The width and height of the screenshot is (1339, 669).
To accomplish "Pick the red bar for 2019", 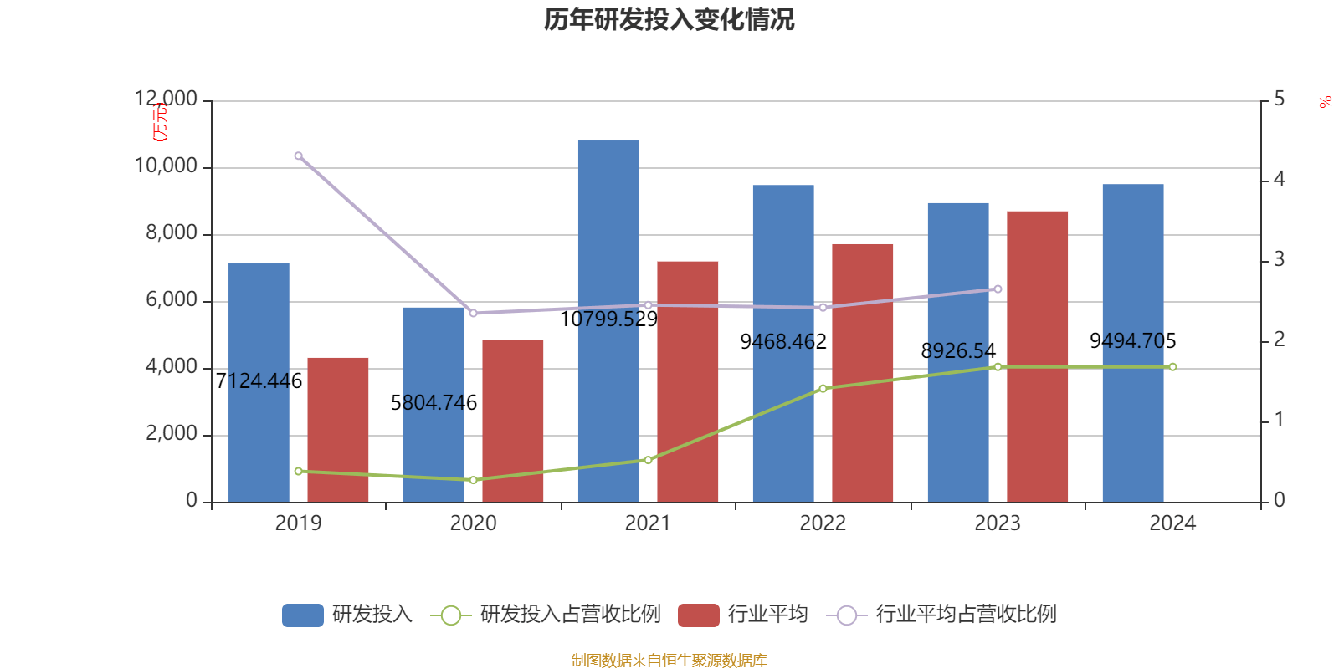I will click(338, 430).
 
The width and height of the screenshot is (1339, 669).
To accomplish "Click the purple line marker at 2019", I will click(298, 156).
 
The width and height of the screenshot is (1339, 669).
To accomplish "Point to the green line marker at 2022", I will click(823, 388).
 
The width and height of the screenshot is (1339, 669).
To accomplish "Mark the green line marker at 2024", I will click(1172, 367).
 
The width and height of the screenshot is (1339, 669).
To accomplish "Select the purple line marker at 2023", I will click(998, 289).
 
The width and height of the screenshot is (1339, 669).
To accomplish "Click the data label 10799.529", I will click(608, 319).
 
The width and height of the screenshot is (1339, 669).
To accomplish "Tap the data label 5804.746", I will click(434, 403).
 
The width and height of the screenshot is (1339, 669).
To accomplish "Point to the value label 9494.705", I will click(1132, 341).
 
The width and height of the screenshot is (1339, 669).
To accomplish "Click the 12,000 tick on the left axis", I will click(166, 100).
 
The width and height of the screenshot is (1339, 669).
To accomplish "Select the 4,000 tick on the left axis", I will click(171, 367).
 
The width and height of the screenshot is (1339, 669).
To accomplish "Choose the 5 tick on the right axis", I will click(1279, 100).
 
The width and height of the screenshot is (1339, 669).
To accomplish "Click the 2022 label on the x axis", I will click(823, 523).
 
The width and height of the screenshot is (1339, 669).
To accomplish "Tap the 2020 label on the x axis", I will click(473, 523).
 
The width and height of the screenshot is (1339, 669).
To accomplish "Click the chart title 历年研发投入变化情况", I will click(669, 19).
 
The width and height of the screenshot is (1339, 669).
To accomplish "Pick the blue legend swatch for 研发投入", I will click(302, 615).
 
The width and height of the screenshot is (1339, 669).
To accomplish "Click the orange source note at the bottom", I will click(669, 661).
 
